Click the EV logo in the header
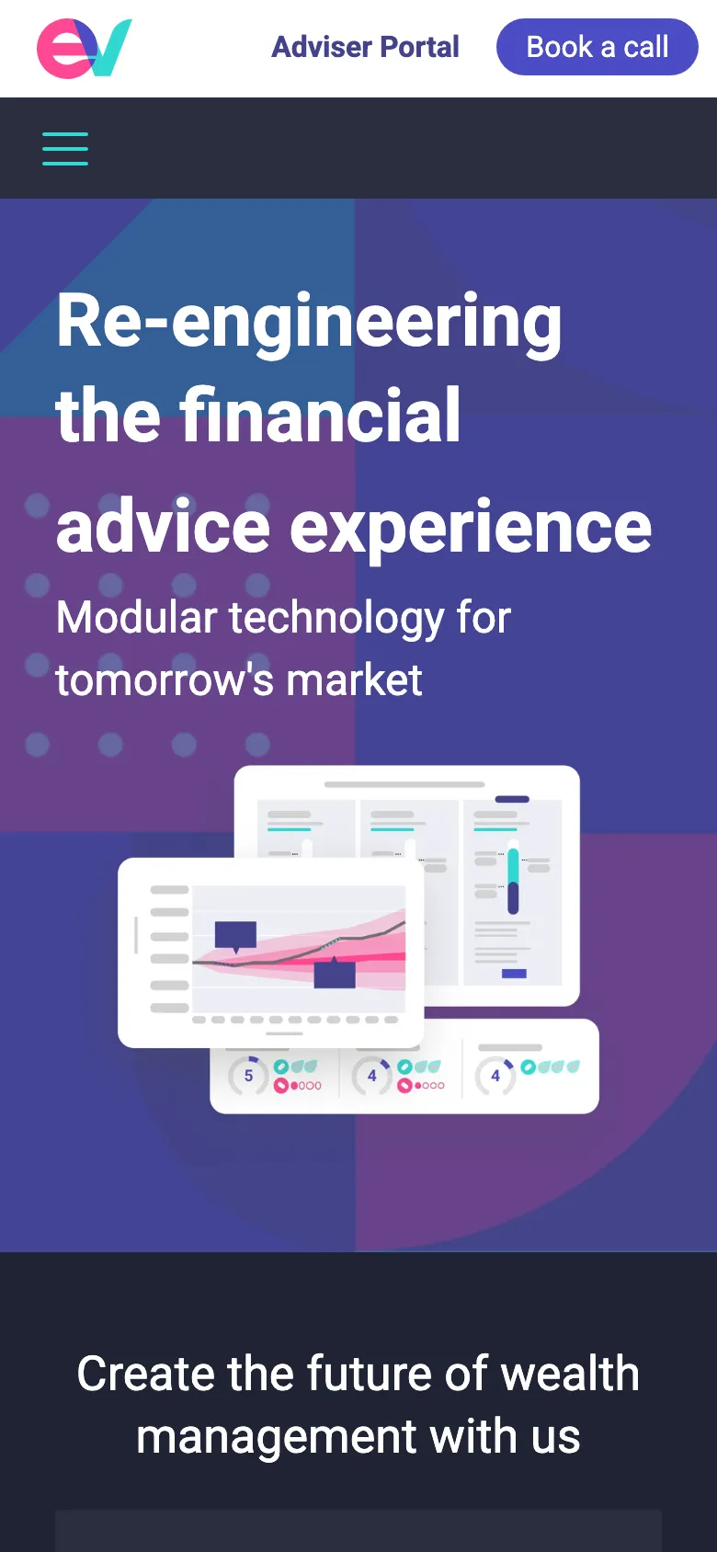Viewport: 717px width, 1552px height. click(x=84, y=48)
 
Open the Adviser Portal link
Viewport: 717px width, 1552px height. click(x=365, y=47)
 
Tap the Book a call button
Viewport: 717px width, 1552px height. click(x=597, y=47)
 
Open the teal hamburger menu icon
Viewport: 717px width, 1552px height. click(x=65, y=149)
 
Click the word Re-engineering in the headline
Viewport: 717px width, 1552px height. click(x=309, y=322)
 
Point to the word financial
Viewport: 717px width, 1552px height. click(x=320, y=415)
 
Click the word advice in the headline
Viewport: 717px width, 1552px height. click(x=163, y=525)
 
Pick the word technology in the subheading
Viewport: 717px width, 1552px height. click(x=336, y=620)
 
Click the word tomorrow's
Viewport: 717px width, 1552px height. click(x=165, y=679)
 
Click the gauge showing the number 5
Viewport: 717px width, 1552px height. click(x=248, y=1076)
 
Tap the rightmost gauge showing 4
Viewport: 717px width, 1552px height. click(x=495, y=1076)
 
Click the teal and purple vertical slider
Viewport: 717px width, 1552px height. click(x=513, y=881)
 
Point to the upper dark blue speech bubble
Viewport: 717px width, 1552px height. click(x=235, y=936)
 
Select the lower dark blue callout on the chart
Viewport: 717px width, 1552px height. click(x=335, y=973)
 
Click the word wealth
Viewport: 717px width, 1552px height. click(x=569, y=1374)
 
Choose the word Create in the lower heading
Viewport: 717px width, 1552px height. click(x=145, y=1374)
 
